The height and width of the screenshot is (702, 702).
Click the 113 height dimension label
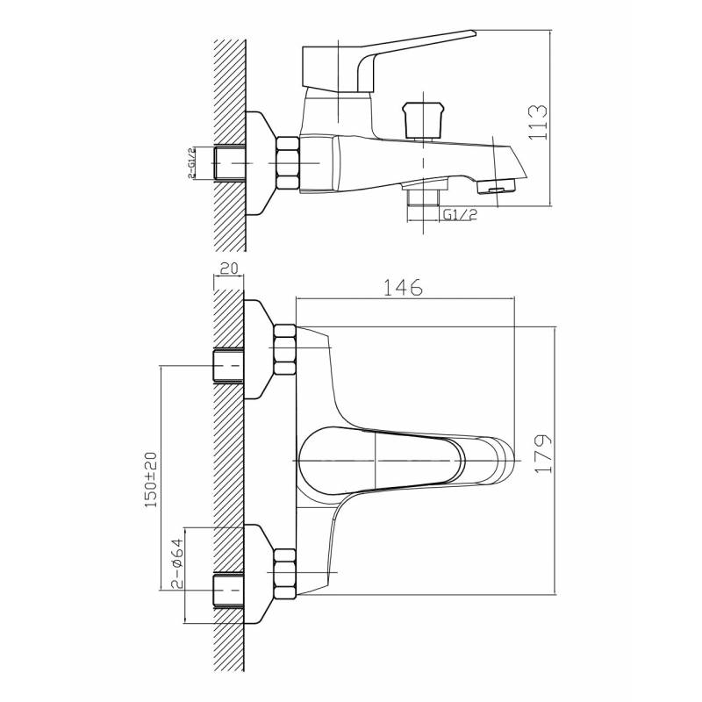(539, 122)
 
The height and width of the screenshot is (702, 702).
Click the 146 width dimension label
(403, 288)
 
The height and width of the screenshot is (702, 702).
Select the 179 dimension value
(544, 453)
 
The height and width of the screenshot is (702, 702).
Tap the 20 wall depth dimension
(228, 269)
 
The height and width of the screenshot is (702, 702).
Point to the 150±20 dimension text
(151, 479)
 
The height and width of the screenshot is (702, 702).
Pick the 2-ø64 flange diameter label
(177, 563)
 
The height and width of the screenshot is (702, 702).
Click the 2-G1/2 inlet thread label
(191, 163)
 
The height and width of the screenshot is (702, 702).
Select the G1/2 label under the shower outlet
(460, 214)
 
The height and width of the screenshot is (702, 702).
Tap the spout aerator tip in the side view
(497, 186)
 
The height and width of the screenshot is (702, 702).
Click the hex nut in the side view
(288, 163)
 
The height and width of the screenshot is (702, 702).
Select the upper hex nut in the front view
(284, 349)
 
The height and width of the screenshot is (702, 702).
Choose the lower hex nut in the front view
(284, 574)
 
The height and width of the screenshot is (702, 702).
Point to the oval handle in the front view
(382, 461)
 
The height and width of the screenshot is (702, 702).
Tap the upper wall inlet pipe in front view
(227, 365)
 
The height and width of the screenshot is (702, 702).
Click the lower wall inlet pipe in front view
(227, 590)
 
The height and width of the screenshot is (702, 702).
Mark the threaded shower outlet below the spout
(423, 197)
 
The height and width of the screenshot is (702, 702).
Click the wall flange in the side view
(261, 163)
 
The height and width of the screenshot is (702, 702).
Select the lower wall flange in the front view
(260, 574)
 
